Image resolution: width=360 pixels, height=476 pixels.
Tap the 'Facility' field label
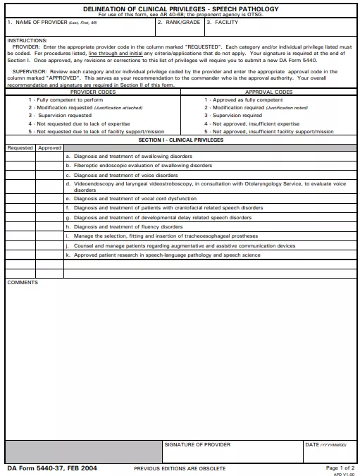(226, 23)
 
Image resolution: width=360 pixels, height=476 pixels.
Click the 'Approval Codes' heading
(268, 92)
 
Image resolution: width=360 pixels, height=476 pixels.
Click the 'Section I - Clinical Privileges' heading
(180, 140)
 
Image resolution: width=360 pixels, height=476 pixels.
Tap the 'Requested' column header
(20, 148)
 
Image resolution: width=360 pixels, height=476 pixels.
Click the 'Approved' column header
(49, 148)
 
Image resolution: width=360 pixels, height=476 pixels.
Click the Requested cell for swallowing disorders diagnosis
(20, 157)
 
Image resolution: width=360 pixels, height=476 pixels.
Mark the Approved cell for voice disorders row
(49, 175)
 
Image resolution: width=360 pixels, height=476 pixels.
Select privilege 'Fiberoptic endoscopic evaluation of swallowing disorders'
(142, 166)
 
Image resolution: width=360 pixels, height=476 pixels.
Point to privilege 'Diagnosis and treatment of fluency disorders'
(128, 227)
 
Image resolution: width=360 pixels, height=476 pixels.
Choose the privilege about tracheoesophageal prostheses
(166, 236)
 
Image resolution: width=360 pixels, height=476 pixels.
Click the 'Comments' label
(23, 282)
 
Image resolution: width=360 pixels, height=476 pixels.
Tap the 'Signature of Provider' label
(197, 445)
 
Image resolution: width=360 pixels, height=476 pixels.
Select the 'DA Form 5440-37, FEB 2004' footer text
(52, 468)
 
